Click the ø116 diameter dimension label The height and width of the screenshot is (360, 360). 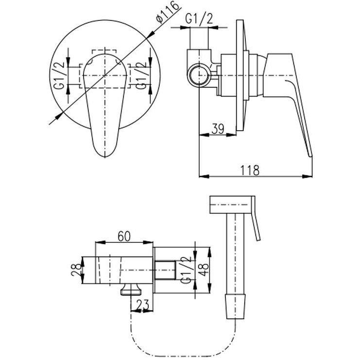pos(167,12)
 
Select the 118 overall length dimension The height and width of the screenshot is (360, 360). pos(250,170)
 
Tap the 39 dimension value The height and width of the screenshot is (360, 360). pos(218,129)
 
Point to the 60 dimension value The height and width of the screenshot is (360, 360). pos(124,236)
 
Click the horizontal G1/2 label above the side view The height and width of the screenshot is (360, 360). pos(199,19)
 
